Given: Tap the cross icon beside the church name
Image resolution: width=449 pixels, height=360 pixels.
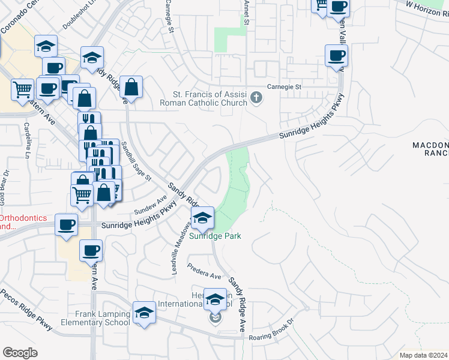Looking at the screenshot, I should (x=256, y=97).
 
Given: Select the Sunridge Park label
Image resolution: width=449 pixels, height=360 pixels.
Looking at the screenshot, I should (x=215, y=236).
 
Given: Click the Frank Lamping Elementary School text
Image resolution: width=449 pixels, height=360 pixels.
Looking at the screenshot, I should (x=103, y=318).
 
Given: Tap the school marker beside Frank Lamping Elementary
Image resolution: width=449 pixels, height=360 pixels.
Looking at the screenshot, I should (x=144, y=313).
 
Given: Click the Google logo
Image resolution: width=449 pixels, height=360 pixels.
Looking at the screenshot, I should (x=20, y=353).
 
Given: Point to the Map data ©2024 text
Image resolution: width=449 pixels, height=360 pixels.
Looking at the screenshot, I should (x=423, y=355).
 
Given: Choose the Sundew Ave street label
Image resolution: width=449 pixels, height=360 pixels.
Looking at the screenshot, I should (x=149, y=206).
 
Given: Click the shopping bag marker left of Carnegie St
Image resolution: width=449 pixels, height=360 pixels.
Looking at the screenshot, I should (x=131, y=87).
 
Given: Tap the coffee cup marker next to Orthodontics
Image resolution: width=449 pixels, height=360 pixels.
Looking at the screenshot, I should (x=66, y=225).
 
